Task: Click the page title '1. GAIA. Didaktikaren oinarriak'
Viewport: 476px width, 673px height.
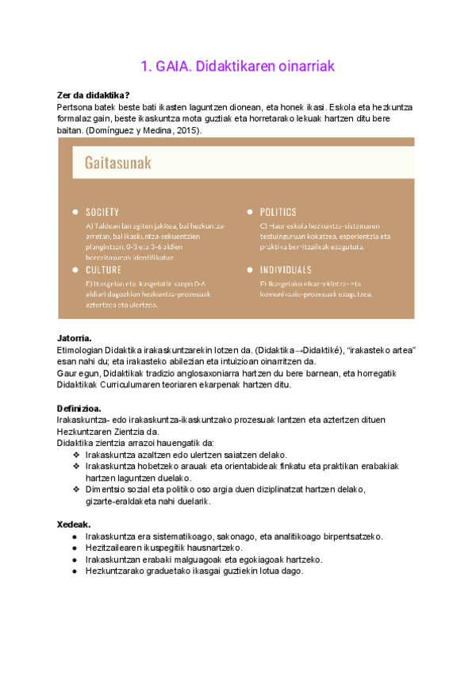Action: pyautogui.click(x=238, y=67)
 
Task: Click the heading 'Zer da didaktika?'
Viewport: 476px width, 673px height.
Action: pyautogui.click(x=94, y=95)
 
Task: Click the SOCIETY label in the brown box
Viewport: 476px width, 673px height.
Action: pyautogui.click(x=102, y=212)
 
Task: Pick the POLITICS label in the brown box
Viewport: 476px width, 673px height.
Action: pyautogui.click(x=278, y=212)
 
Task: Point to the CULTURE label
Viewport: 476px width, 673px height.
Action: pyautogui.click(x=103, y=270)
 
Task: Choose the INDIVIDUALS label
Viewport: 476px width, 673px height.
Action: pyautogui.click(x=286, y=270)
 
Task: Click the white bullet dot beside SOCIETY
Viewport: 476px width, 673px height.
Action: pyautogui.click(x=75, y=212)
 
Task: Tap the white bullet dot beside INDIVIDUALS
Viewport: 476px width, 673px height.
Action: pyautogui.click(x=250, y=270)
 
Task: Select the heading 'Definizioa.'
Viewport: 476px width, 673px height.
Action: pyautogui.click(x=80, y=408)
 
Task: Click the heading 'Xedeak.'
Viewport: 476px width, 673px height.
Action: pyautogui.click(x=74, y=525)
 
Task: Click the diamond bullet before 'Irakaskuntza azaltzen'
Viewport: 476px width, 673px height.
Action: pyautogui.click(x=76, y=455)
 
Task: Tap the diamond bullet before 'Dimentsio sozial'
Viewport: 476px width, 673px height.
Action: pyautogui.click(x=76, y=490)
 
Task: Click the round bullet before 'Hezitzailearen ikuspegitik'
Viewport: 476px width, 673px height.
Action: pyautogui.click(x=75, y=548)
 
